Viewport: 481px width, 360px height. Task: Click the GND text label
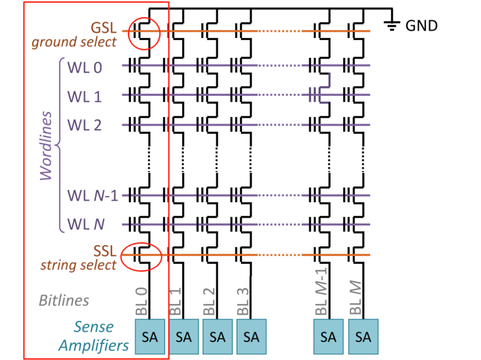pyautogui.click(x=421, y=26)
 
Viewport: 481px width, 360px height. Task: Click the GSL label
pyautogui.click(x=104, y=28)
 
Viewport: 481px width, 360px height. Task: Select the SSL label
pyautogui.click(x=105, y=251)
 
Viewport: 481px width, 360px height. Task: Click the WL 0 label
pyautogui.click(x=85, y=68)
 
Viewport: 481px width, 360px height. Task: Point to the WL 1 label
pyautogui.click(x=85, y=97)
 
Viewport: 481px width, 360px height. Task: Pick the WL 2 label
pyautogui.click(x=85, y=125)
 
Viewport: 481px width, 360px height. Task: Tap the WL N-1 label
pyautogui.click(x=93, y=196)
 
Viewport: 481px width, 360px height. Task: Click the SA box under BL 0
pyautogui.click(x=150, y=337)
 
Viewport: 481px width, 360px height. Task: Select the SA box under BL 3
pyautogui.click(x=252, y=337)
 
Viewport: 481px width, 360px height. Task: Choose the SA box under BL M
pyautogui.click(x=363, y=337)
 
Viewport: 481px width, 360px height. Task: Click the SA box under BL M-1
pyautogui.click(x=328, y=337)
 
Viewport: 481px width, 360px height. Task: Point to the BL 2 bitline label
pyautogui.click(x=209, y=302)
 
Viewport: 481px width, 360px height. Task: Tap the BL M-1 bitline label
pyautogui.click(x=321, y=291)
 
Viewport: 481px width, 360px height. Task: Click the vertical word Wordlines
pyautogui.click(x=46, y=146)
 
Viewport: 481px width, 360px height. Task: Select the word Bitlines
pyautogui.click(x=64, y=300)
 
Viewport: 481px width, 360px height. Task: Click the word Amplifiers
pyautogui.click(x=94, y=346)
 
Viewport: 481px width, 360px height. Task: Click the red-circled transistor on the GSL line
pyautogui.click(x=144, y=33)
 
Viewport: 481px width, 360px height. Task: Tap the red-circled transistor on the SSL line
pyautogui.click(x=141, y=257)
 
